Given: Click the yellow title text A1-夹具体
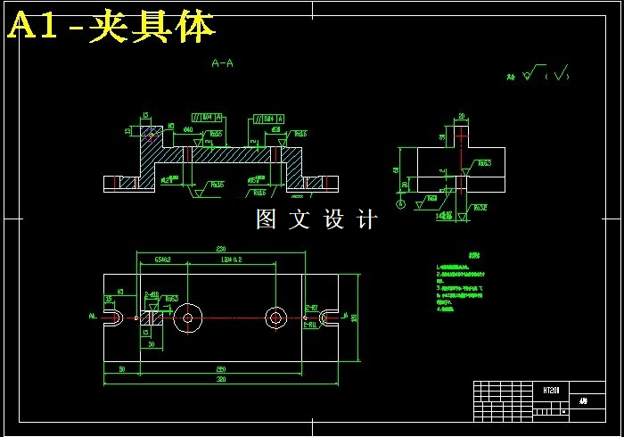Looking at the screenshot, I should [111, 27].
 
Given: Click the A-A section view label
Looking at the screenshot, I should [222, 63].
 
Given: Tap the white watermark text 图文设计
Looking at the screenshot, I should [316, 219].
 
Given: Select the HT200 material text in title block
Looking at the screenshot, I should [551, 391].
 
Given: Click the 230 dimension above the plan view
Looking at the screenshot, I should [220, 249].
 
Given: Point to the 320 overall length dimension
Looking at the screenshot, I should [220, 380].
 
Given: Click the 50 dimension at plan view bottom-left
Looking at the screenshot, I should [120, 368].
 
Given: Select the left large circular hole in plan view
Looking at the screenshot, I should [187, 317].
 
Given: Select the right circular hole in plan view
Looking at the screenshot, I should [275, 317].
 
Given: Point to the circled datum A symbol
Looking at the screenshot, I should [400, 204].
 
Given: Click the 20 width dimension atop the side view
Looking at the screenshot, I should [462, 116].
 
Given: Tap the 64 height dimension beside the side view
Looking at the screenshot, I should [396, 169].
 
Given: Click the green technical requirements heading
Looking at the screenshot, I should [472, 256].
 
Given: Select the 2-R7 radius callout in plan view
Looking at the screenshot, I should [311, 308].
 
